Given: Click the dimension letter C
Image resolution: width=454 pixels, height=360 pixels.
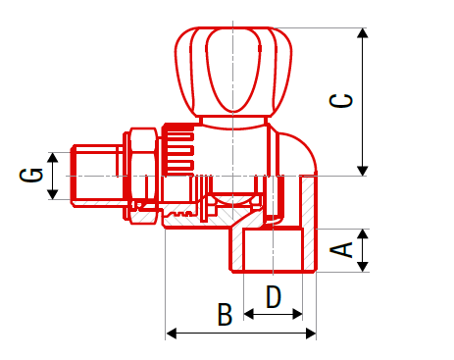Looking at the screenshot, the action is [341, 100].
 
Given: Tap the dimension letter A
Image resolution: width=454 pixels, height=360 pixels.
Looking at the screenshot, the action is [341, 250].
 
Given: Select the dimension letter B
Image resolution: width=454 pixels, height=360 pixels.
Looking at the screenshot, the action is [225, 314].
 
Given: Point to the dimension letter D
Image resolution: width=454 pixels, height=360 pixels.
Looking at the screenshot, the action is [274, 296].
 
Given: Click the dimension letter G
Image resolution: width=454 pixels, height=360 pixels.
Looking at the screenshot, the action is [31, 175].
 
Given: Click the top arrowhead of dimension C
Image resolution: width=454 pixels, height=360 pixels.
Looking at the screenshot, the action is [362, 33].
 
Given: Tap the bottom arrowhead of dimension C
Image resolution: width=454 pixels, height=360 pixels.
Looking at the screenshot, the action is [362, 171].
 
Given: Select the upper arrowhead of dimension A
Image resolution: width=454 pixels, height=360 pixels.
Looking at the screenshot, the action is [363, 233].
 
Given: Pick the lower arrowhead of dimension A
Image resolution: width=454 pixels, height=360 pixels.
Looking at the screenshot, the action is [363, 267].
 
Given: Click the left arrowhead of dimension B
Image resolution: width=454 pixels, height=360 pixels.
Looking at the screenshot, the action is [172, 334].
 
